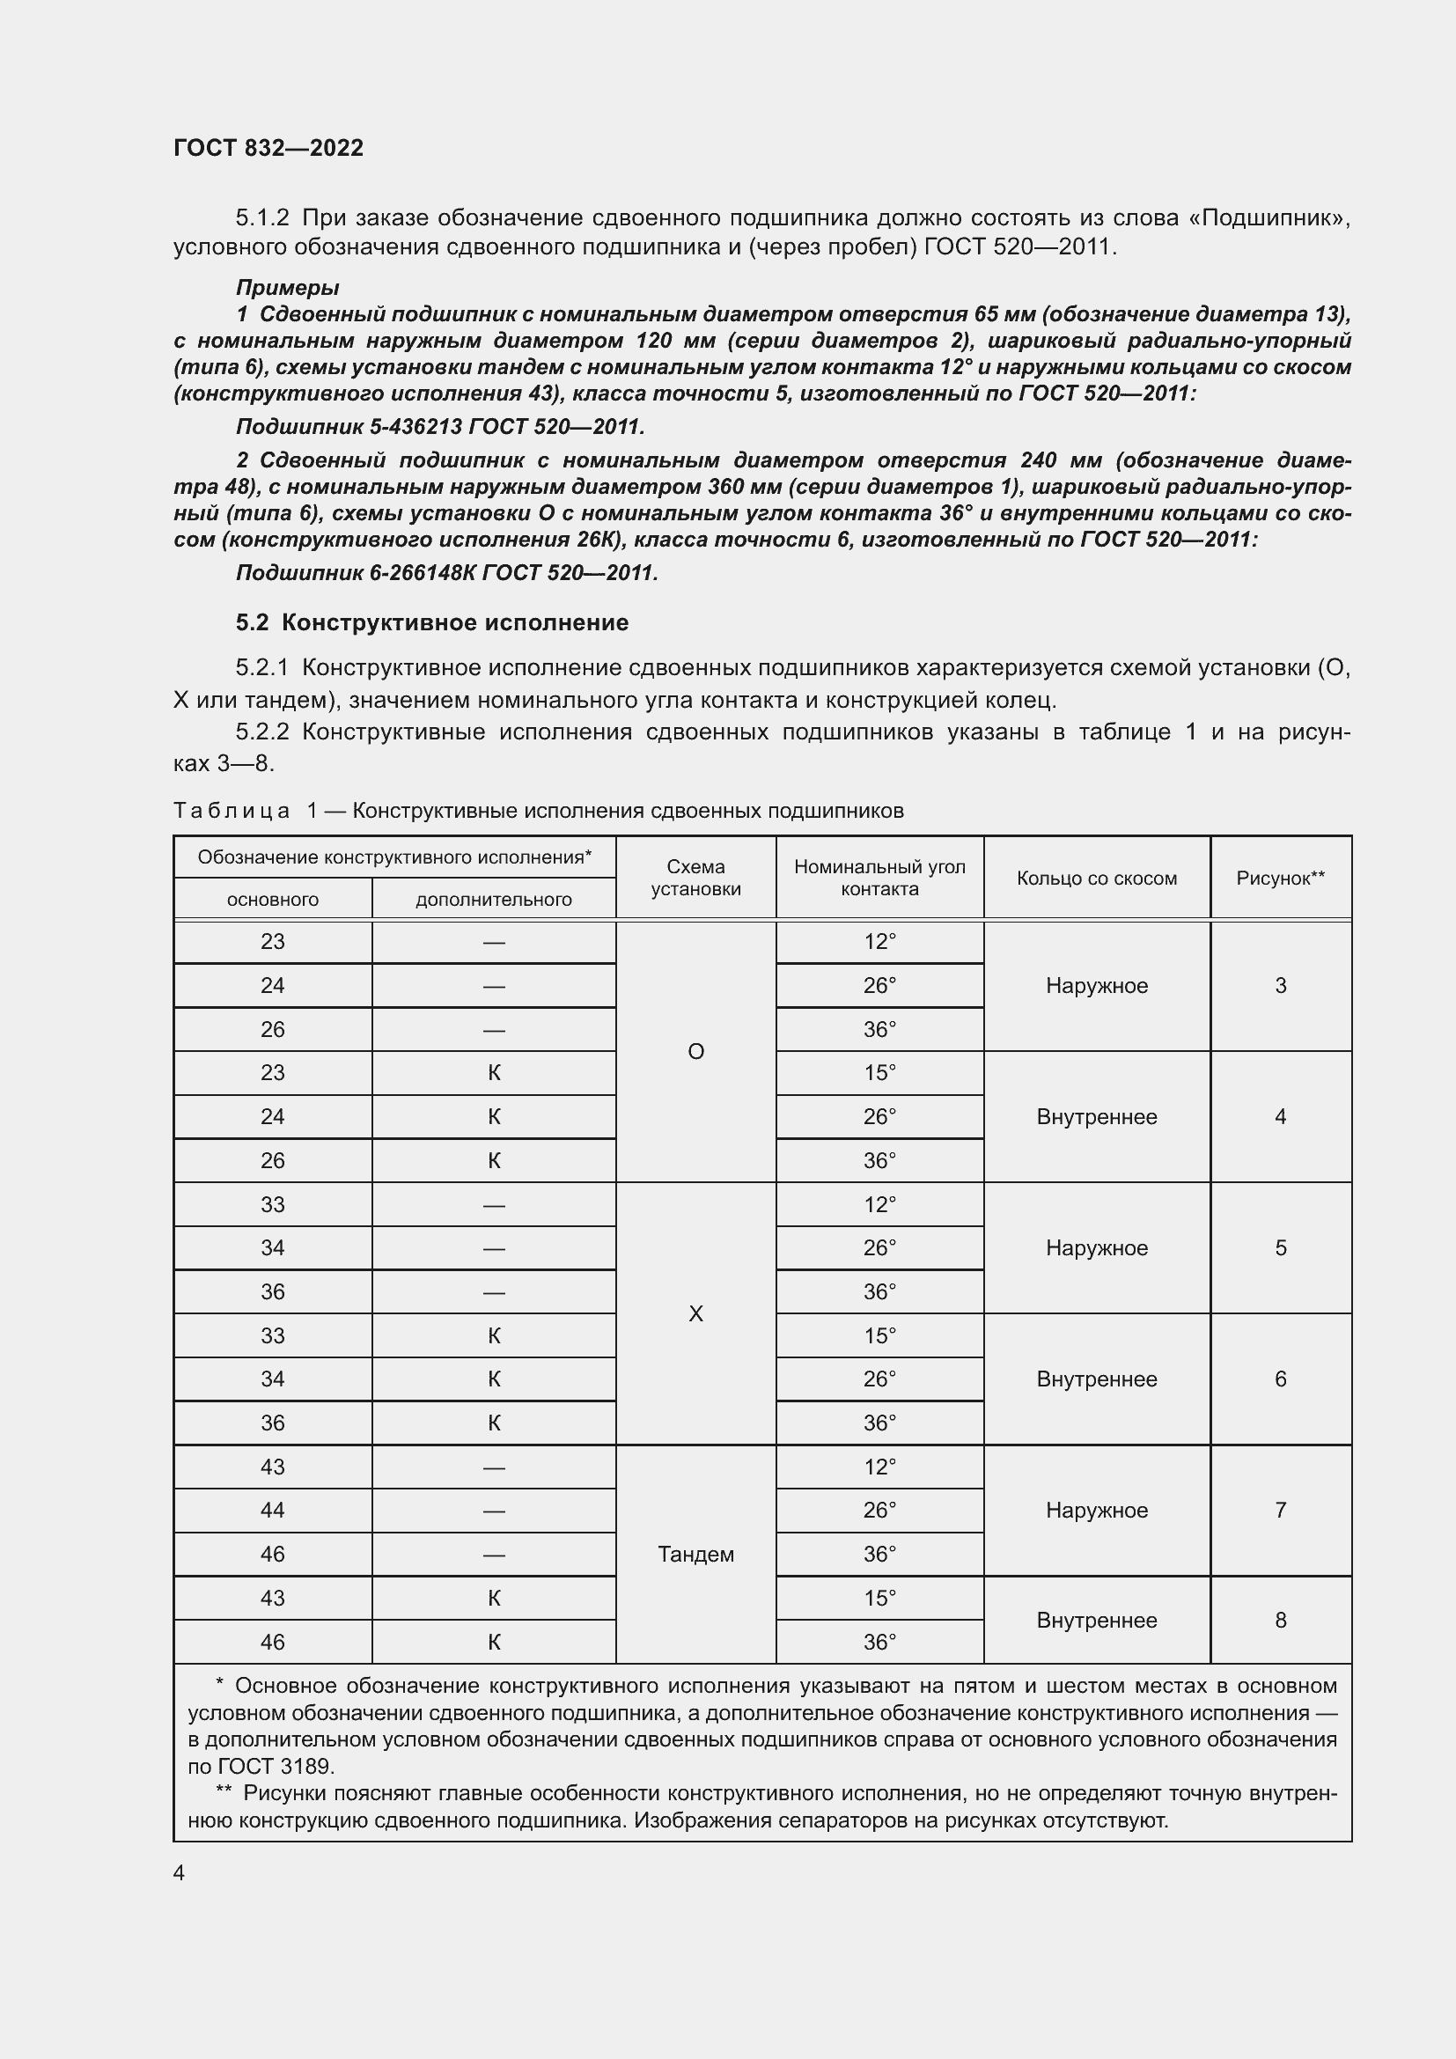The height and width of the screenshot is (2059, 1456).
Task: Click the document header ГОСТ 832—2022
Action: click(x=268, y=148)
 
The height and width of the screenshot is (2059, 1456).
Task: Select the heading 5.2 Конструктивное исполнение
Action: click(x=432, y=622)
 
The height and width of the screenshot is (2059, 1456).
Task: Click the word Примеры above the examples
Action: click(x=287, y=288)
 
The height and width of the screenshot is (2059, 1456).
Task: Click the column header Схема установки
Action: click(x=695, y=878)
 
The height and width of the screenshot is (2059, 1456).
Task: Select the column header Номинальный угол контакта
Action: click(x=879, y=878)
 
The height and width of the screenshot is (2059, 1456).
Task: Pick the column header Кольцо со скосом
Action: click(x=1097, y=879)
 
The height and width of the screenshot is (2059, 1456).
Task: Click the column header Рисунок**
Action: click(x=1280, y=879)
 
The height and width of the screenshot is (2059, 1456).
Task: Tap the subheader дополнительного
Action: click(x=493, y=900)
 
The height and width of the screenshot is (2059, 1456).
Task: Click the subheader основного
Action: click(x=273, y=900)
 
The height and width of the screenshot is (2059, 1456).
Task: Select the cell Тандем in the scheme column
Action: click(x=695, y=1554)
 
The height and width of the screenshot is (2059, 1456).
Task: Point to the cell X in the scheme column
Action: click(x=695, y=1313)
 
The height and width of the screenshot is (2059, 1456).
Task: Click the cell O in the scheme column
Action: click(x=695, y=1051)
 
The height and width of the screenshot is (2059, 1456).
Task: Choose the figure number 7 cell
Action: click(x=1280, y=1511)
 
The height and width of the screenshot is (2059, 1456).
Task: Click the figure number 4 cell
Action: click(x=1280, y=1116)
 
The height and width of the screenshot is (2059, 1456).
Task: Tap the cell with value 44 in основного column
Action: click(x=273, y=1511)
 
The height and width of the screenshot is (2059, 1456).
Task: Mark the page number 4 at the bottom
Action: click(x=180, y=1872)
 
